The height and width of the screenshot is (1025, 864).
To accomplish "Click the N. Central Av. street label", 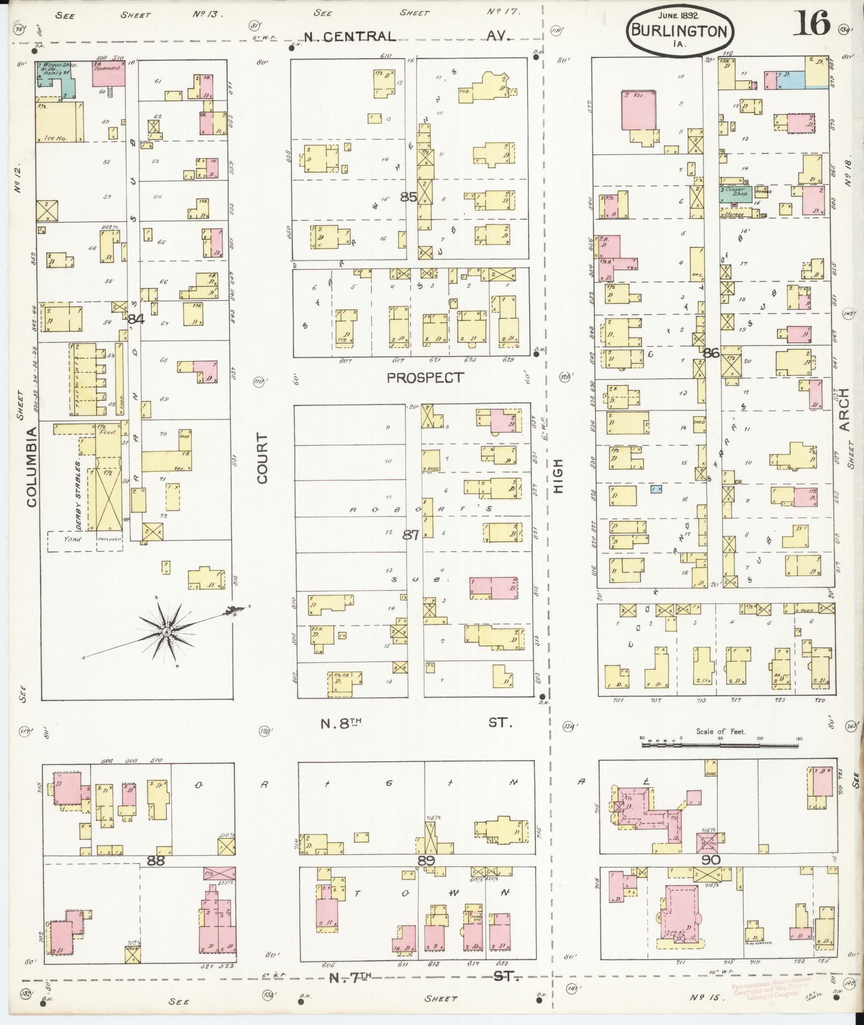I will pos(407,36).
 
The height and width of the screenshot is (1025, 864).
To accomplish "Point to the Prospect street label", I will pos(425,378).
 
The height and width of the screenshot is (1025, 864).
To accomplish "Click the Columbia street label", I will pos(31,466).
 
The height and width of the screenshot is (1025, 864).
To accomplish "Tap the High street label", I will pos(559,476).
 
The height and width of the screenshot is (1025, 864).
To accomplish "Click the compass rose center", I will pos(167,633).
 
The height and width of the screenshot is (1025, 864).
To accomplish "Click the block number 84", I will pos(136,319).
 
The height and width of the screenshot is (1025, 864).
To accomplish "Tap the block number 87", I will pos(411,534).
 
